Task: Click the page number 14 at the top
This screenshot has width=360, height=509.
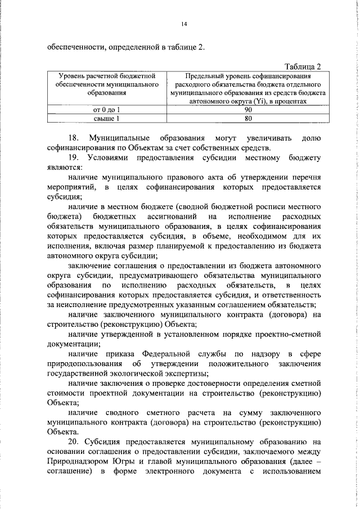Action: coord(183,24)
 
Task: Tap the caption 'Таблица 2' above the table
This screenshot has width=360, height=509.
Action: coord(303,66)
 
